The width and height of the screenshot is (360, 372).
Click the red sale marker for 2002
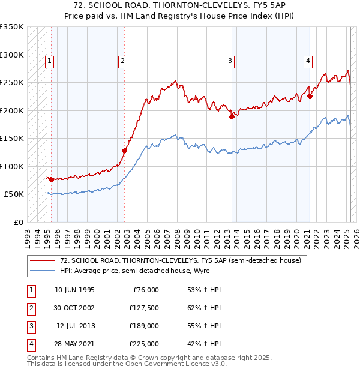(x=125, y=151)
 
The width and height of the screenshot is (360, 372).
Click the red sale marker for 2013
(x=231, y=117)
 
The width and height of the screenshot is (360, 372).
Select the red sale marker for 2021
(x=310, y=96)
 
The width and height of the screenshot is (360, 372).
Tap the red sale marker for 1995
(x=51, y=179)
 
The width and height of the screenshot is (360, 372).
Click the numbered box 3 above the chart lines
(x=229, y=60)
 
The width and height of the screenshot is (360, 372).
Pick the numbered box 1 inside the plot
(x=49, y=60)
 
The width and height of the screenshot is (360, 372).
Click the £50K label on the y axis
(x=14, y=194)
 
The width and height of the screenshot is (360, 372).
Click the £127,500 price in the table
(x=144, y=308)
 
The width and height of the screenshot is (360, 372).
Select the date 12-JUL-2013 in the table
(x=75, y=326)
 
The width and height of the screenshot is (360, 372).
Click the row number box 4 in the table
(x=31, y=344)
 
